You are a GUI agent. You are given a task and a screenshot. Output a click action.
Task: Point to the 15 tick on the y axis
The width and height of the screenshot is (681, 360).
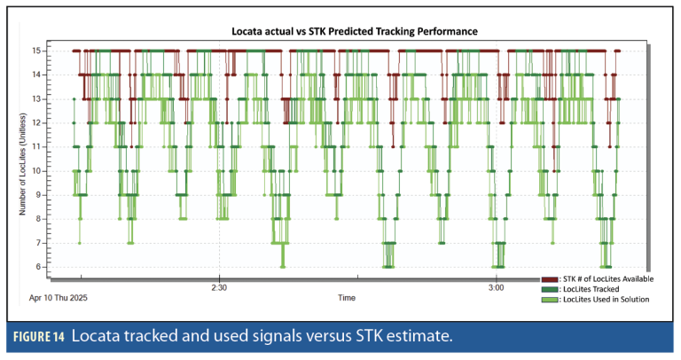click(38, 51)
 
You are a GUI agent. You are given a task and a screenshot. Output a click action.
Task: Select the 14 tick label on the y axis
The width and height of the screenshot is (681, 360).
click(38, 74)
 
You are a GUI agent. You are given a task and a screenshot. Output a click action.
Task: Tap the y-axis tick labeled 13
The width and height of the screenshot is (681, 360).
click(38, 98)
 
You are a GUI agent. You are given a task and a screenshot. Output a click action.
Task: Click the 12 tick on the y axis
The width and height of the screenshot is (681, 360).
click(38, 122)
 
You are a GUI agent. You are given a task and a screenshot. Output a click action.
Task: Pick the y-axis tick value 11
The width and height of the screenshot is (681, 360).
click(38, 146)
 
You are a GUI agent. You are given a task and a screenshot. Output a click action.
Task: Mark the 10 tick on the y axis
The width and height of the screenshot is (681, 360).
click(38, 170)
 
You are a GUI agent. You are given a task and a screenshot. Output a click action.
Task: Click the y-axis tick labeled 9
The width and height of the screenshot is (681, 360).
click(40, 194)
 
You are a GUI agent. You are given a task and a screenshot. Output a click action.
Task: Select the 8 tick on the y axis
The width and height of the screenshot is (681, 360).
click(40, 218)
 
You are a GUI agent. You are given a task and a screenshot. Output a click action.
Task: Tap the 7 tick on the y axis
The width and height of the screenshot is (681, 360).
click(40, 242)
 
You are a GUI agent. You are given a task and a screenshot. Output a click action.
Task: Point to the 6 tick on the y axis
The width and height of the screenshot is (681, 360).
click(40, 266)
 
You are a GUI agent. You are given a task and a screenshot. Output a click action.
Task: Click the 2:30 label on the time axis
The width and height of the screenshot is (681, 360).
click(220, 287)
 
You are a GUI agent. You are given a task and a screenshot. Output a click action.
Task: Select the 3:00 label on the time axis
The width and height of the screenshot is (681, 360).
click(497, 287)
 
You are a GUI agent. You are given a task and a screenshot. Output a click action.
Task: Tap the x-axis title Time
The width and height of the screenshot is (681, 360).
click(347, 298)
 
